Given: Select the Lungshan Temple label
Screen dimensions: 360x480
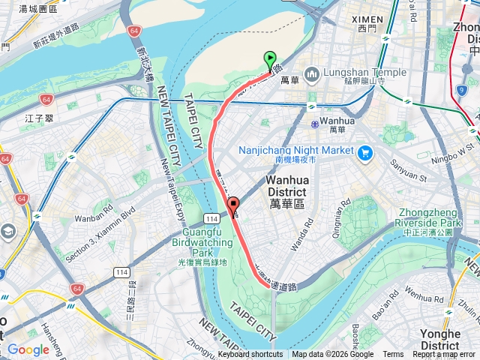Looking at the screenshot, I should pyautogui.click(x=365, y=73).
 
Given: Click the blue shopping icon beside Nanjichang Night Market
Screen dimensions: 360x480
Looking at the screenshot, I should pyautogui.click(x=365, y=153).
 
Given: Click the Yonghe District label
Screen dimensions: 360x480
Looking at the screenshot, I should pyautogui.click(x=451, y=339).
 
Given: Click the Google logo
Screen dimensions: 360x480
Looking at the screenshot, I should pyautogui.click(x=28, y=349).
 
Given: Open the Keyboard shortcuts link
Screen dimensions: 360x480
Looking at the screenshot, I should pyautogui.click(x=250, y=355).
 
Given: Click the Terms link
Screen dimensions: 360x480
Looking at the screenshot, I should pyautogui.click(x=393, y=355).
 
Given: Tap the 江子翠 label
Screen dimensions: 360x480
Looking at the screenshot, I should pyautogui.click(x=36, y=118).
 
